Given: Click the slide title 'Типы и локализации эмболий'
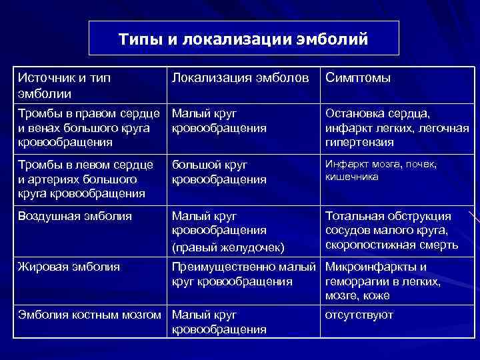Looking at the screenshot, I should (x=243, y=39).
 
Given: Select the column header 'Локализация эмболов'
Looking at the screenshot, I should (x=241, y=79).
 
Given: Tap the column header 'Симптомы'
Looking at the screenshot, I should (x=358, y=79).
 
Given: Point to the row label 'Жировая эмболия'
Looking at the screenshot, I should (x=69, y=267).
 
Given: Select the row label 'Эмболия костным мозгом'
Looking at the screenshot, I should (x=91, y=315).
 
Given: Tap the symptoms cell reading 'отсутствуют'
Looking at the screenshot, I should (x=359, y=315).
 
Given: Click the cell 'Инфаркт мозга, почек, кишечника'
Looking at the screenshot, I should (x=381, y=170).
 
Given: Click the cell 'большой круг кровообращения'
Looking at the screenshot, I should (x=219, y=171).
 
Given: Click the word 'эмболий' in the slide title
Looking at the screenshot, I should (x=337, y=39).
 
